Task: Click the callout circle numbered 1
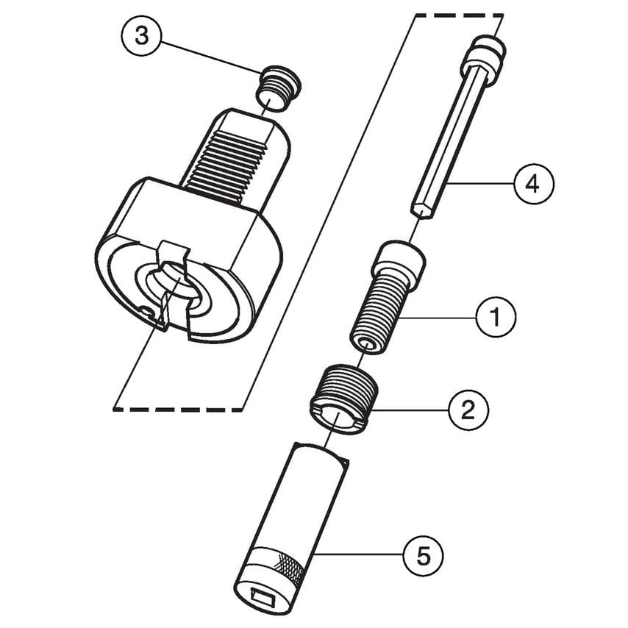coord(495,317)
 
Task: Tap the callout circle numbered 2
coord(468,410)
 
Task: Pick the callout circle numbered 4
coord(533,183)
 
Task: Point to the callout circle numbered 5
coord(423,554)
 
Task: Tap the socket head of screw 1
coord(400,262)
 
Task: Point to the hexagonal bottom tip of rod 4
coord(421,210)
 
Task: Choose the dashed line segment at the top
coord(460,14)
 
